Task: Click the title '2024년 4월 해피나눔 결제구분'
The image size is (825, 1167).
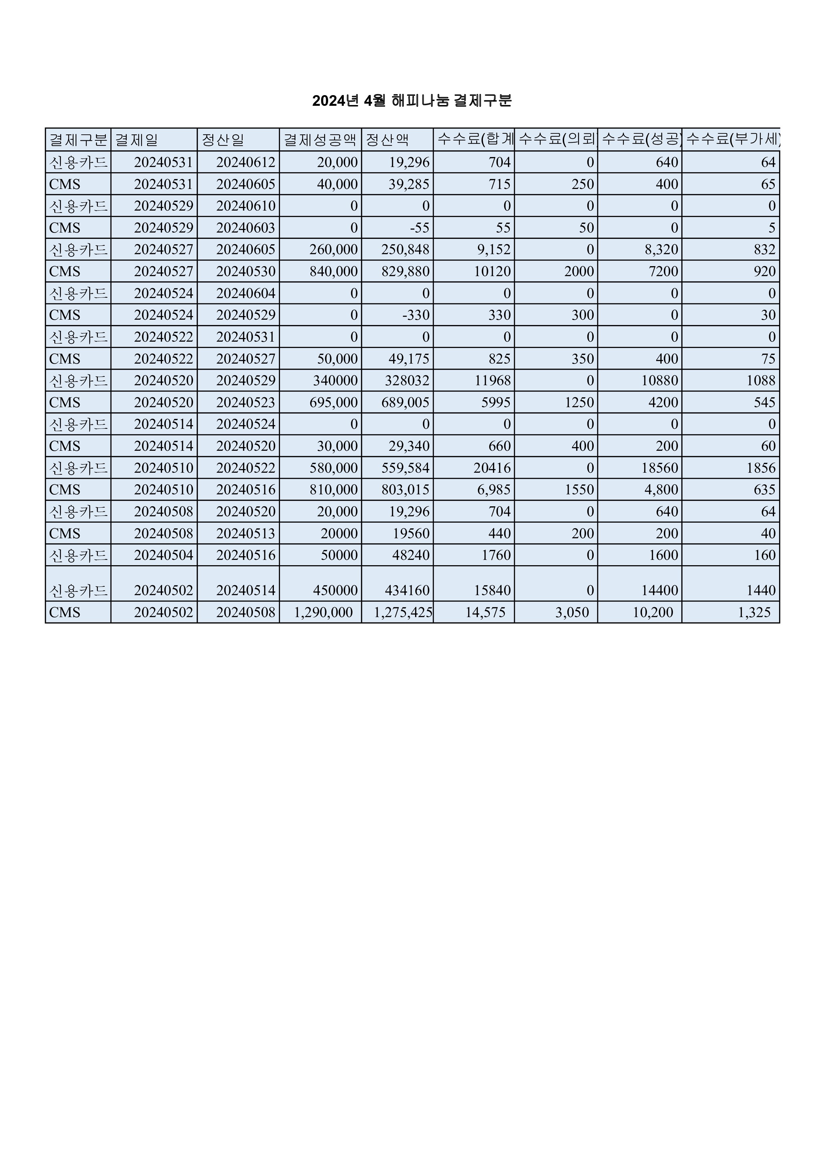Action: (x=412, y=101)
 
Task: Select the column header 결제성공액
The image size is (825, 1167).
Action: (x=320, y=140)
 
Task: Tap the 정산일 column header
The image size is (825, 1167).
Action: (x=223, y=140)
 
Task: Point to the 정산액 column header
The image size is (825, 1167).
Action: (x=387, y=140)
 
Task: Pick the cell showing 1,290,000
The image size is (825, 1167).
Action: (x=323, y=612)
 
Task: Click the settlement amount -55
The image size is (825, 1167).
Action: (x=419, y=228)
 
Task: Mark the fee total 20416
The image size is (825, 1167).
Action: (x=492, y=468)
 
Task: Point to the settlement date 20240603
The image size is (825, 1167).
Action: (x=246, y=228)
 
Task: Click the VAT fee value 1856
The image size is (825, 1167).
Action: (x=761, y=468)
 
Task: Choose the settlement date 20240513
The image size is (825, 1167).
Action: (x=246, y=534)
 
